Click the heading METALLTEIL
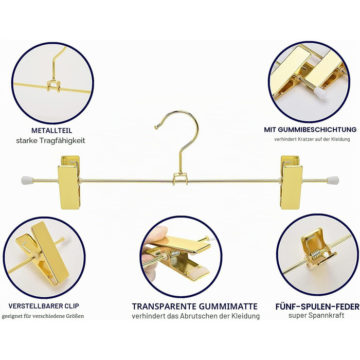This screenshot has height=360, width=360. pyautogui.click(x=51, y=131)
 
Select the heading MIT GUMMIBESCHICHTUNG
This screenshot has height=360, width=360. pyautogui.click(x=310, y=130)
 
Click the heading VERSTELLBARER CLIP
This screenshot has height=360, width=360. pyautogui.click(x=44, y=306)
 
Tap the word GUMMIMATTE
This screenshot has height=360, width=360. pyautogui.click(x=228, y=307)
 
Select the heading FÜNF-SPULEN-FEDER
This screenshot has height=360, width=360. pyautogui.click(x=317, y=307)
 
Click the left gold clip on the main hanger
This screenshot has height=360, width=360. pyautogui.click(x=69, y=183)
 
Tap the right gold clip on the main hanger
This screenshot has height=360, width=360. pyautogui.click(x=291, y=183)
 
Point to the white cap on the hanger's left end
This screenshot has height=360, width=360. pyautogui.click(x=27, y=181)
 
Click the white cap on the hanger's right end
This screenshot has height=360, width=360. pyautogui.click(x=333, y=181)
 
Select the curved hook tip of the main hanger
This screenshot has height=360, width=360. pyautogui.click(x=156, y=127)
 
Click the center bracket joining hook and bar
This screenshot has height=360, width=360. pyautogui.click(x=180, y=179)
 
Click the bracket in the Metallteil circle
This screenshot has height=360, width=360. pyautogui.click(x=53, y=86)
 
